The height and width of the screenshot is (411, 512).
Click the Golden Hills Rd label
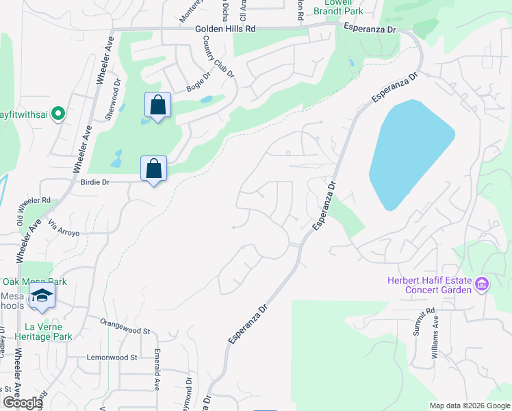[x=225, y=29]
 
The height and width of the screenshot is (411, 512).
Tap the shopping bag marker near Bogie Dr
[x=157, y=105]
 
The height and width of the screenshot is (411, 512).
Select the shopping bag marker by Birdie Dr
[x=153, y=169]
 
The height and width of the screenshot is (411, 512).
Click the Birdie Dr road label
[x=95, y=183]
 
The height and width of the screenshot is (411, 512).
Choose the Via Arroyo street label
[x=64, y=228]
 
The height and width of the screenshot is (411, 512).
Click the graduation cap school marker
[x=42, y=296]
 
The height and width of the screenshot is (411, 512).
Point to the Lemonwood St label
[x=112, y=358]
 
